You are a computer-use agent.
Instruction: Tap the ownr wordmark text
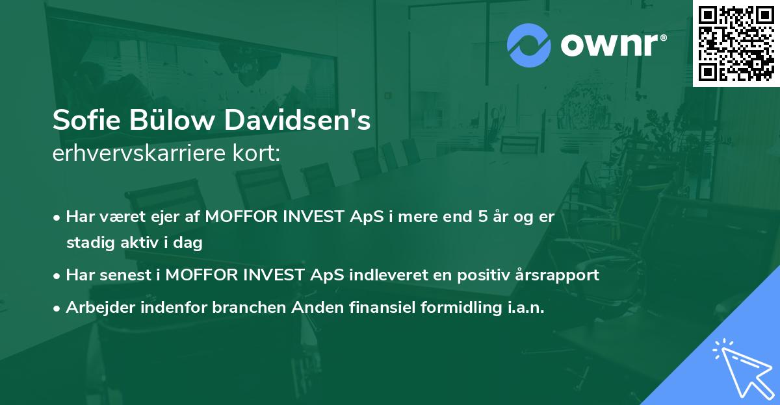[613, 45]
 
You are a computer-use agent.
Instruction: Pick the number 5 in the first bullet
[483, 217]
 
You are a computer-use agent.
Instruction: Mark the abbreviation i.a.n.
[523, 308]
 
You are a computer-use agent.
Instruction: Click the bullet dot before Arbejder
[57, 308]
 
